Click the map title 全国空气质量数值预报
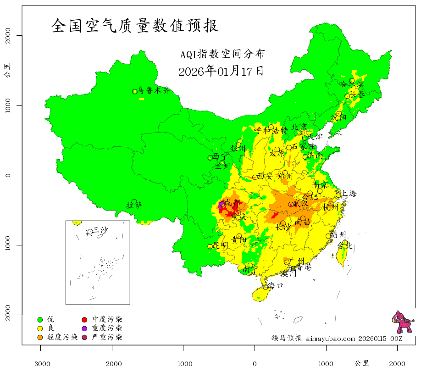134,26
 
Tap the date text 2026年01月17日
221,71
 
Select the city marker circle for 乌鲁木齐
135,91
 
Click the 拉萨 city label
134,205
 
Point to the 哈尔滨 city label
351,84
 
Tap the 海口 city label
276,285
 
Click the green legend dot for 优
40,319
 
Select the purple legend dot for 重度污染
84,328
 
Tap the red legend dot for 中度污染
84,319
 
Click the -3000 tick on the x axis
40,363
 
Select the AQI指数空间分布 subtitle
222,55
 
